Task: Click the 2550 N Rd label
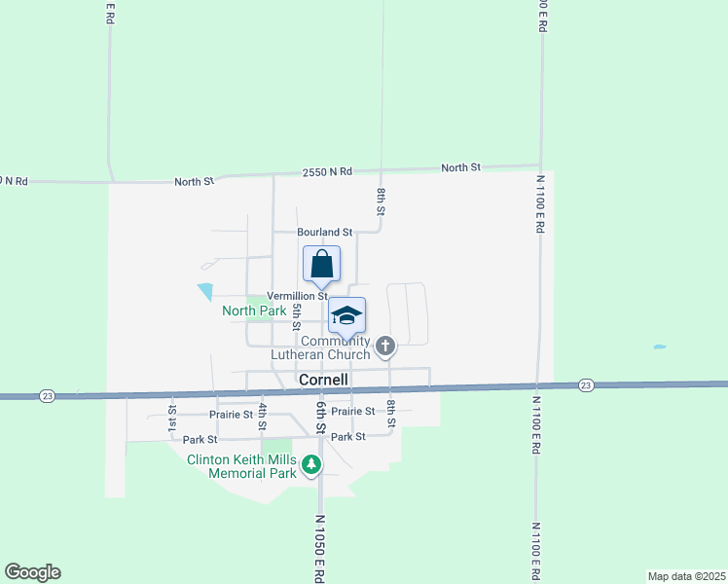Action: click(326, 171)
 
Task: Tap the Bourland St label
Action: click(325, 232)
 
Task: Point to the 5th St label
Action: click(295, 316)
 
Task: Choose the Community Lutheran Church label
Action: click(336, 347)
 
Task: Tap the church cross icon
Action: click(385, 346)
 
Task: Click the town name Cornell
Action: click(324, 380)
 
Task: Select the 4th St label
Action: click(262, 415)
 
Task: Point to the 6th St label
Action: click(319, 415)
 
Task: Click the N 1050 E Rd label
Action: click(318, 547)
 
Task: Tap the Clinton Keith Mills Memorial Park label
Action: click(241, 467)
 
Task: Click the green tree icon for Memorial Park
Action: click(311, 465)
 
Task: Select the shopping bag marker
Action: click(322, 264)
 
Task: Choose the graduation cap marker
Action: click(346, 315)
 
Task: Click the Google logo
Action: click(32, 572)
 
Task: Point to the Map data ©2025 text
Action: click(686, 576)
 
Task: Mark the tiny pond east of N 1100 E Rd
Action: click(660, 347)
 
